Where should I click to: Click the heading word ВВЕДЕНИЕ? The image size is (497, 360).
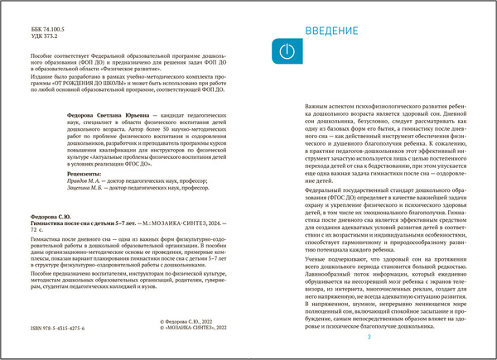click(x=331, y=31)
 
